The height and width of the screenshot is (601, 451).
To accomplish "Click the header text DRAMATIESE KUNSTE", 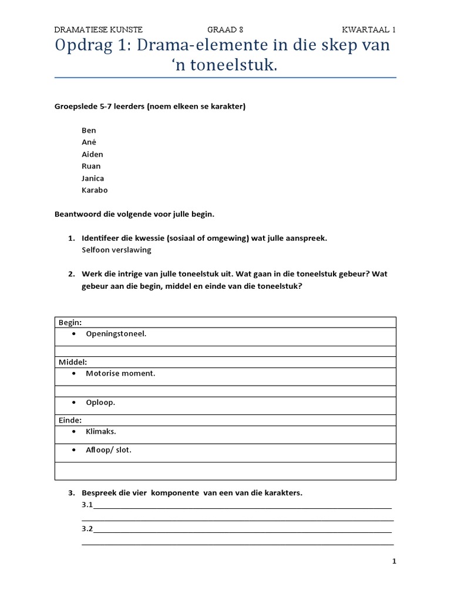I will [x=98, y=29].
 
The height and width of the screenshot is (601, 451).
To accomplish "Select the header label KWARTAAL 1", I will [x=369, y=29].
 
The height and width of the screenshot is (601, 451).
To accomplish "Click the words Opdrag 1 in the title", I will [x=95, y=46].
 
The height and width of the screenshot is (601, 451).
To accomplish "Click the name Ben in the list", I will [x=89, y=130].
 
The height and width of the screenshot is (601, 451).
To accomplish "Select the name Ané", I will [x=89, y=142].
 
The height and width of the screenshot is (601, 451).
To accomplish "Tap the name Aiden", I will [x=92, y=154].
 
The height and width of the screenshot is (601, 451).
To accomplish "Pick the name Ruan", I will [x=91, y=166].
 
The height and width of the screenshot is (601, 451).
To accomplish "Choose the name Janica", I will [x=93, y=178].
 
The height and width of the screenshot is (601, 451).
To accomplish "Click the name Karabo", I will [x=95, y=190].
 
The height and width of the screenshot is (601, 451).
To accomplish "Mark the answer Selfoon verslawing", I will [x=116, y=250].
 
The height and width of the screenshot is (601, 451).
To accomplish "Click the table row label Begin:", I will [x=69, y=322].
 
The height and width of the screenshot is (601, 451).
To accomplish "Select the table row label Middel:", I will [x=72, y=362].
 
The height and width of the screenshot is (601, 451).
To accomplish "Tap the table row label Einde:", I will [x=70, y=420].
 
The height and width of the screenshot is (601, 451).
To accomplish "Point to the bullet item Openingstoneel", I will [x=116, y=333].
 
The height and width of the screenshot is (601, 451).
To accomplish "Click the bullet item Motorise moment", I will [x=120, y=373].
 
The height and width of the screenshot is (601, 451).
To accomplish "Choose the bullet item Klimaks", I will [x=101, y=431].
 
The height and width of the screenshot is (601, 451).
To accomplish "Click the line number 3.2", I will [x=87, y=529].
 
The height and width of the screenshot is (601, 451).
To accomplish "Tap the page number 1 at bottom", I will [x=394, y=562].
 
